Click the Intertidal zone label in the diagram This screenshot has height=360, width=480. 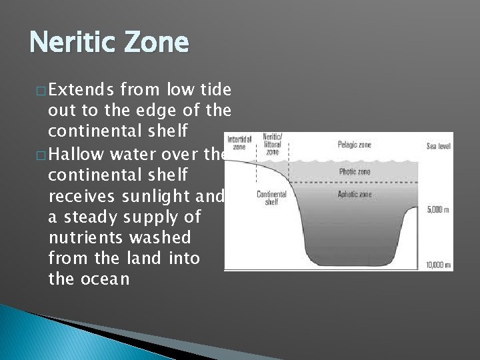click(x=239, y=143)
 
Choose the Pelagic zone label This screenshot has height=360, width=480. click(x=353, y=145)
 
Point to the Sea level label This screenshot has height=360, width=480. click(x=439, y=145)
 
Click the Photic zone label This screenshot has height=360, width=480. click(x=355, y=171)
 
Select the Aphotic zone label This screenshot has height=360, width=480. click(x=354, y=195)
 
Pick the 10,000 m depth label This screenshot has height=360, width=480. click(x=439, y=265)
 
